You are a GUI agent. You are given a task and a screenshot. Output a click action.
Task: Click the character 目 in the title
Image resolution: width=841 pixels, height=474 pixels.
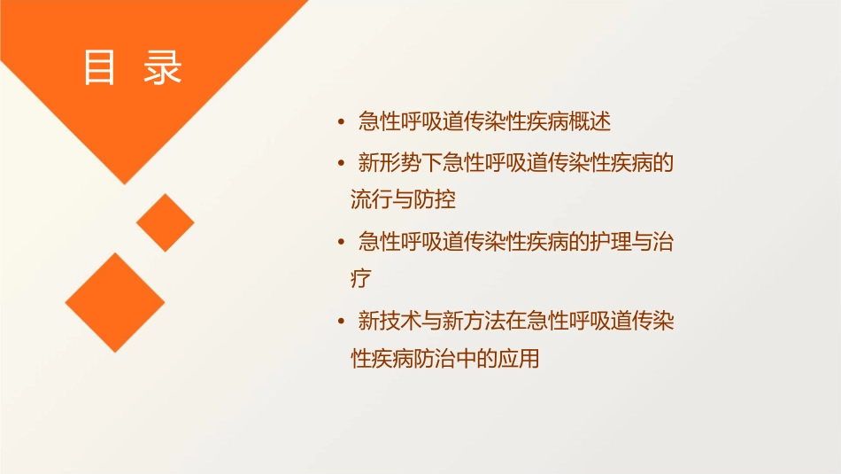pos(99,68)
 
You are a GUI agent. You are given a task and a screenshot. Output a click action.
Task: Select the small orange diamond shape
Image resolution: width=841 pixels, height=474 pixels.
pos(165,222)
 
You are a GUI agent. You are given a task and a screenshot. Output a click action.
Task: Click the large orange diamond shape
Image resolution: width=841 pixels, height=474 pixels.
pos(114,302)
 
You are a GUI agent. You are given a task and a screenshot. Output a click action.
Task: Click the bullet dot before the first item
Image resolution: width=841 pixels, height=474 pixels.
pos(342,122)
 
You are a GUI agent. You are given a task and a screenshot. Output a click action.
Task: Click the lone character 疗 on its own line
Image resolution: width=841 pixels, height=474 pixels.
pos(361,278)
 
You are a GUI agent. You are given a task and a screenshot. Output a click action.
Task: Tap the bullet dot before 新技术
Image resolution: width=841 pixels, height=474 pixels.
pos(342,322)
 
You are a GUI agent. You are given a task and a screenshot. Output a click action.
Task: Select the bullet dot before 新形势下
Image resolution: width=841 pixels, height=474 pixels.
pos(342,165)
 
